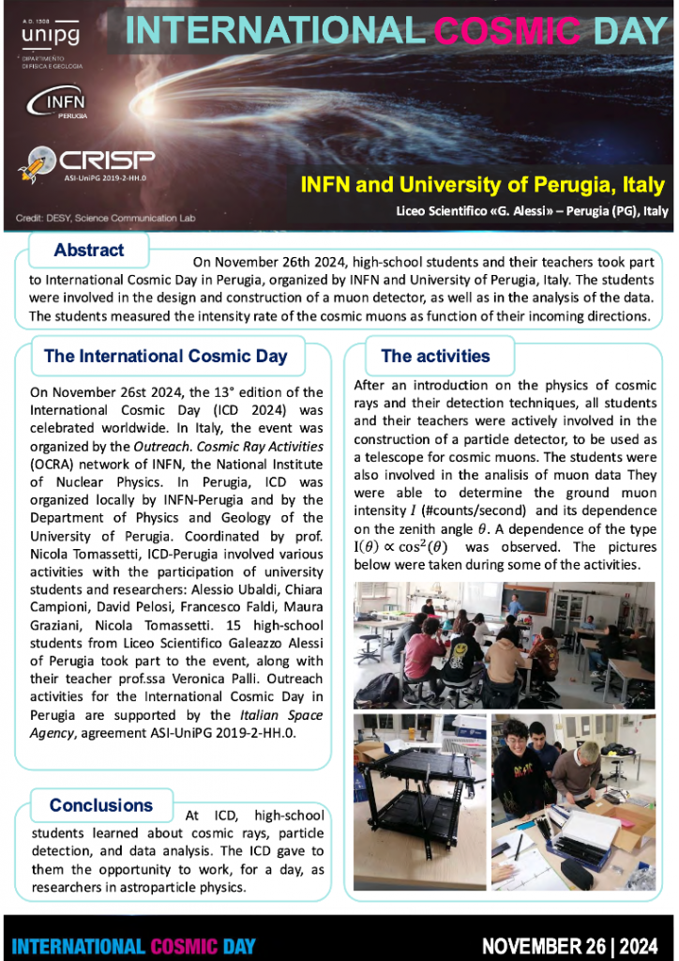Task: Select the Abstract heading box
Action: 89,250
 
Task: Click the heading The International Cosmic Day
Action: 165,357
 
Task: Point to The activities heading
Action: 435,357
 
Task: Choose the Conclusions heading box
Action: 100,805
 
